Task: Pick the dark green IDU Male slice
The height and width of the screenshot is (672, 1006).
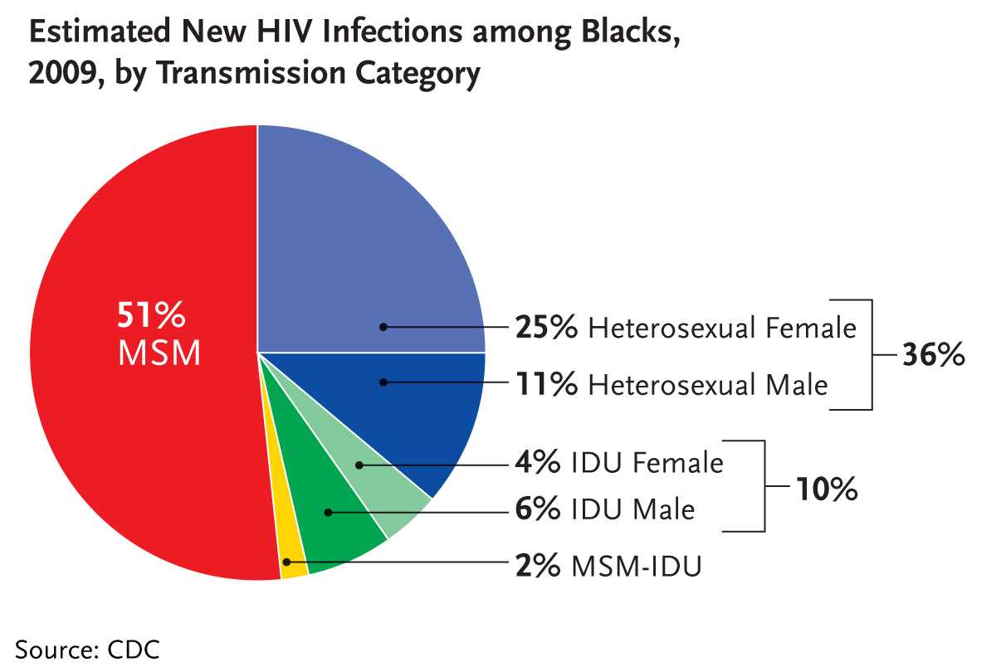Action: coord(340,531)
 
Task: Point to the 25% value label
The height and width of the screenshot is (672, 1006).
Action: coord(545,328)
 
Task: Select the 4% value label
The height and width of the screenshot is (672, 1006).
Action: coord(537,462)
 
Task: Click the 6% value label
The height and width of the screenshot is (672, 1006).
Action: coord(537,509)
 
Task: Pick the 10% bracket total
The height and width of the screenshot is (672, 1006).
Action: coord(827,490)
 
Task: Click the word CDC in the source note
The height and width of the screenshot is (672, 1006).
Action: coord(134,649)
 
